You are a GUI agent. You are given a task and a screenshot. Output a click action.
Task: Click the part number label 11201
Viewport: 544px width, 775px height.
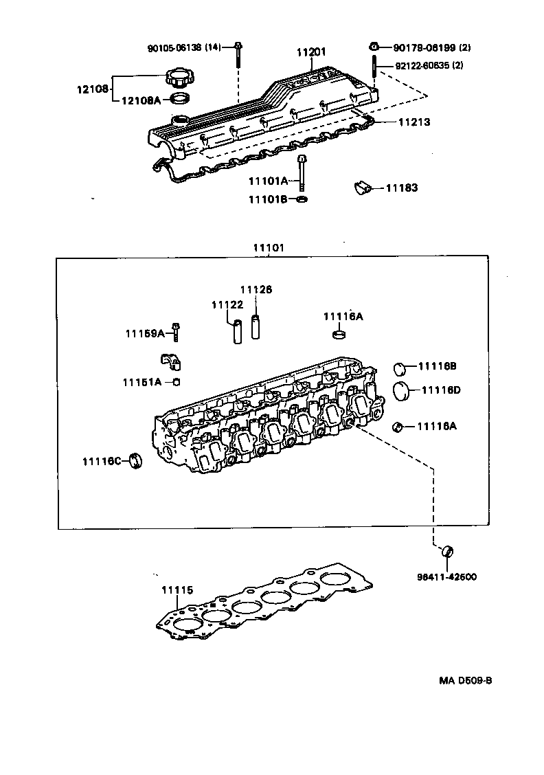(311, 52)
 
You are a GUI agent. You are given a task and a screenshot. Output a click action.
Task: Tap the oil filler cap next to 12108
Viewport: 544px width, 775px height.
(177, 76)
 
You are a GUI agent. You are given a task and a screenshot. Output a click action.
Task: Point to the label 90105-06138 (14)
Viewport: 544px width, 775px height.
(184, 47)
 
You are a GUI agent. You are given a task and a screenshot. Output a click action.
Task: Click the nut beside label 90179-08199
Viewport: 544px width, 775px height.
(374, 47)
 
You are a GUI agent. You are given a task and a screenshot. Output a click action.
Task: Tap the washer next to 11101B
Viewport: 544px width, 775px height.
(302, 200)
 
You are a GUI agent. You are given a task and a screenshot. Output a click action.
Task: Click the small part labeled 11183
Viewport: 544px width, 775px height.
(362, 188)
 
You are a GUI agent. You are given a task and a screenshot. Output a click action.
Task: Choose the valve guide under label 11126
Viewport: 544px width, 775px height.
(257, 326)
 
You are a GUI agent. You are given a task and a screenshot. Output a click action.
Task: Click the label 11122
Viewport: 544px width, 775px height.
(227, 304)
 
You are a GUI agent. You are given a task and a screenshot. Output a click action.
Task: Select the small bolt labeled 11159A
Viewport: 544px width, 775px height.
(177, 333)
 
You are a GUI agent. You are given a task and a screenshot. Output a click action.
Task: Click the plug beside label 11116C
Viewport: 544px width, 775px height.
(137, 460)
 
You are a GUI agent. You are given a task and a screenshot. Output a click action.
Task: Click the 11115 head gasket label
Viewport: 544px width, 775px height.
(177, 589)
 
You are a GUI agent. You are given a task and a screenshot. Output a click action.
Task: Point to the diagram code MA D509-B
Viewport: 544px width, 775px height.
(466, 681)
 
